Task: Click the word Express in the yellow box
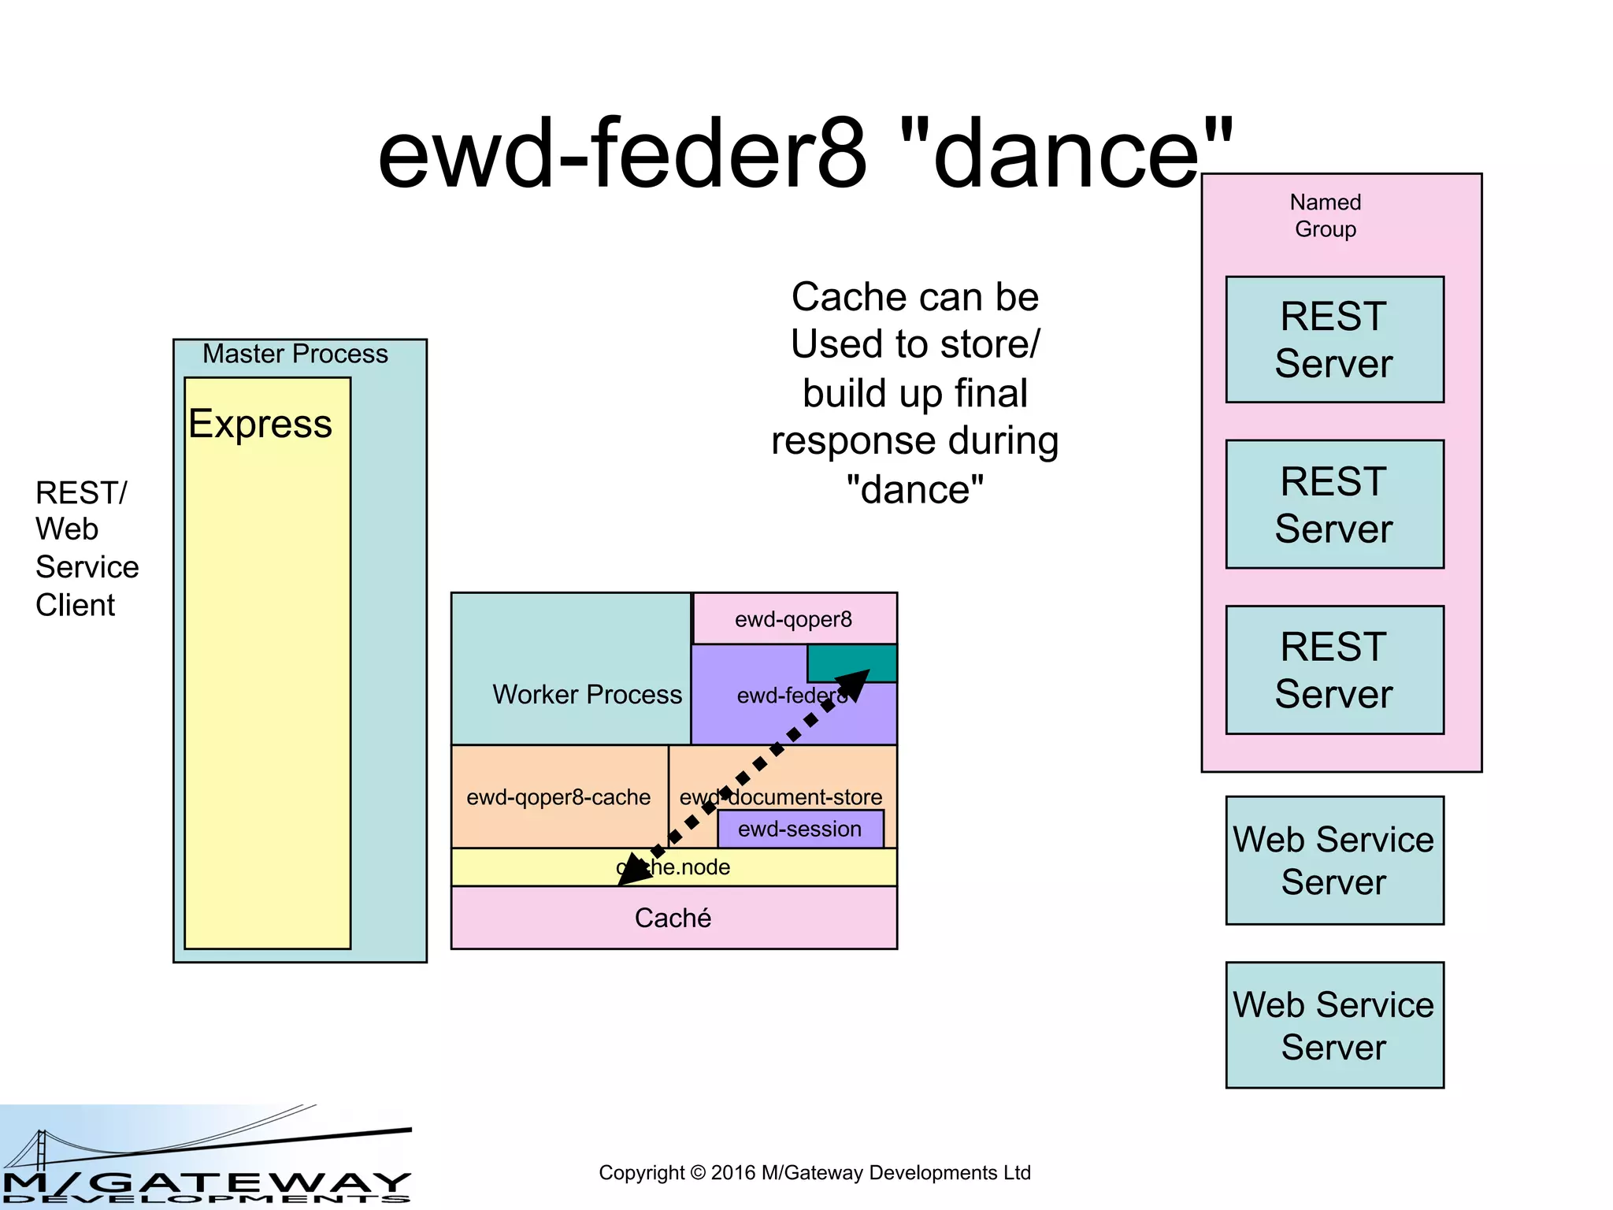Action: click(x=260, y=424)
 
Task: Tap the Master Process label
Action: click(x=295, y=354)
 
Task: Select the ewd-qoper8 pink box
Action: click(x=794, y=619)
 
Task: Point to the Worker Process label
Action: click(x=587, y=694)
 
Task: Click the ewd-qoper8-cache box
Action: click(x=558, y=797)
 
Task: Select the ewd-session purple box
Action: click(x=800, y=829)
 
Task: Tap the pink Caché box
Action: click(x=673, y=918)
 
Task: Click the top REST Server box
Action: click(x=1334, y=340)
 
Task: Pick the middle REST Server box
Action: click(x=1334, y=504)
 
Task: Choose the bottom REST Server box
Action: click(x=1334, y=670)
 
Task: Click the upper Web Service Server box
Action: click(x=1334, y=860)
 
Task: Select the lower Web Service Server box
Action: click(x=1334, y=1025)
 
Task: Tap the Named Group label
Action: click(x=1326, y=215)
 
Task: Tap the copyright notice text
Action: click(x=814, y=1172)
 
